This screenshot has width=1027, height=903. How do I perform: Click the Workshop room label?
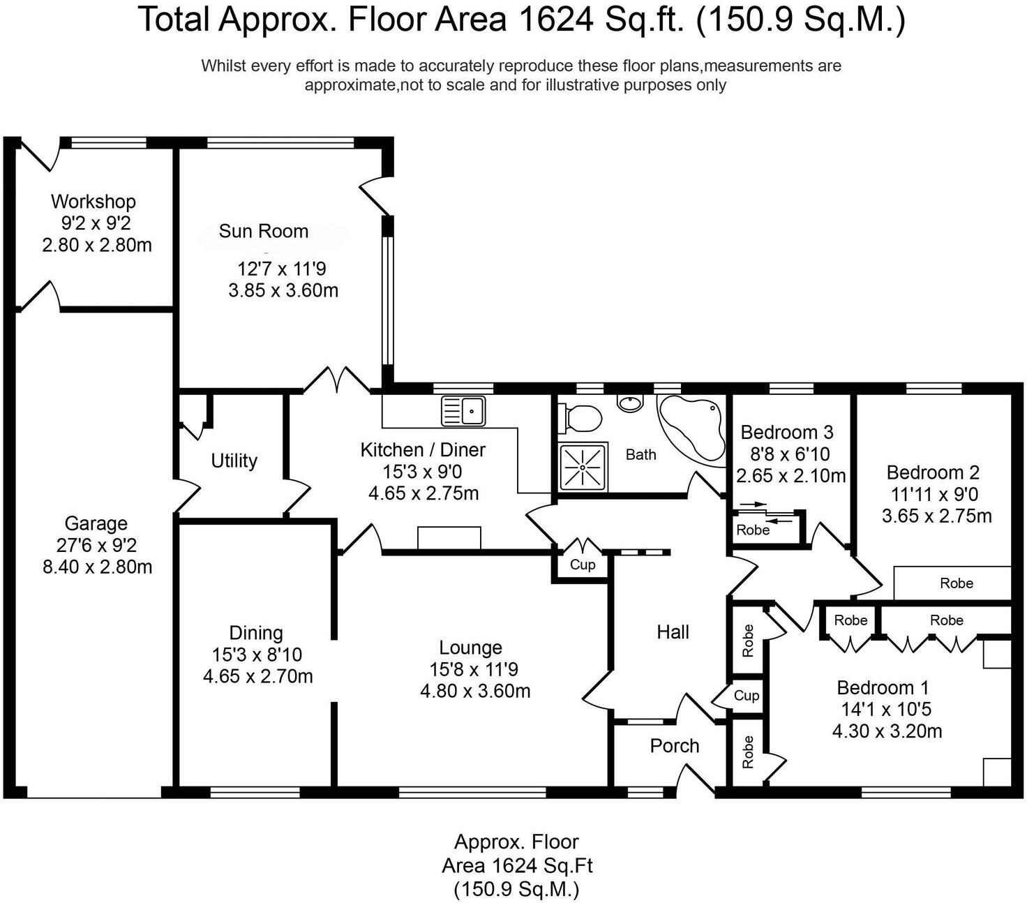93,201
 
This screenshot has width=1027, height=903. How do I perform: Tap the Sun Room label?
264,231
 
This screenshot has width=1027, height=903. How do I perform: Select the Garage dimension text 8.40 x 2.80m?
97,567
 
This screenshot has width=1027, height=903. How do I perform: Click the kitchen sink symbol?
463,411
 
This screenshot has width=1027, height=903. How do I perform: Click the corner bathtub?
691,430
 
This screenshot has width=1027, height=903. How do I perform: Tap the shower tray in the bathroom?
583,466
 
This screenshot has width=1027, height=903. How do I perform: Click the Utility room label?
234,461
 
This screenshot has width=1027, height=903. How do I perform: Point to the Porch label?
675,745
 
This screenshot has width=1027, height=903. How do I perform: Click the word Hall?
673,632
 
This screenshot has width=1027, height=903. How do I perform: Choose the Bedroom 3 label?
787,432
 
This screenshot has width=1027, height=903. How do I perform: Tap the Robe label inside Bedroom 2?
957,583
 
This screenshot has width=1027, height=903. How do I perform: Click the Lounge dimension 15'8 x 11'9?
474,669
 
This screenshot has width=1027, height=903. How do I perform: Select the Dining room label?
256,633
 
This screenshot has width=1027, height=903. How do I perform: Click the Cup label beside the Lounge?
583,565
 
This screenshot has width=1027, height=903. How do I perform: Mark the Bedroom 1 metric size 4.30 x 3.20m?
887,731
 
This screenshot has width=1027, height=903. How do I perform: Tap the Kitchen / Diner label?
423,449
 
